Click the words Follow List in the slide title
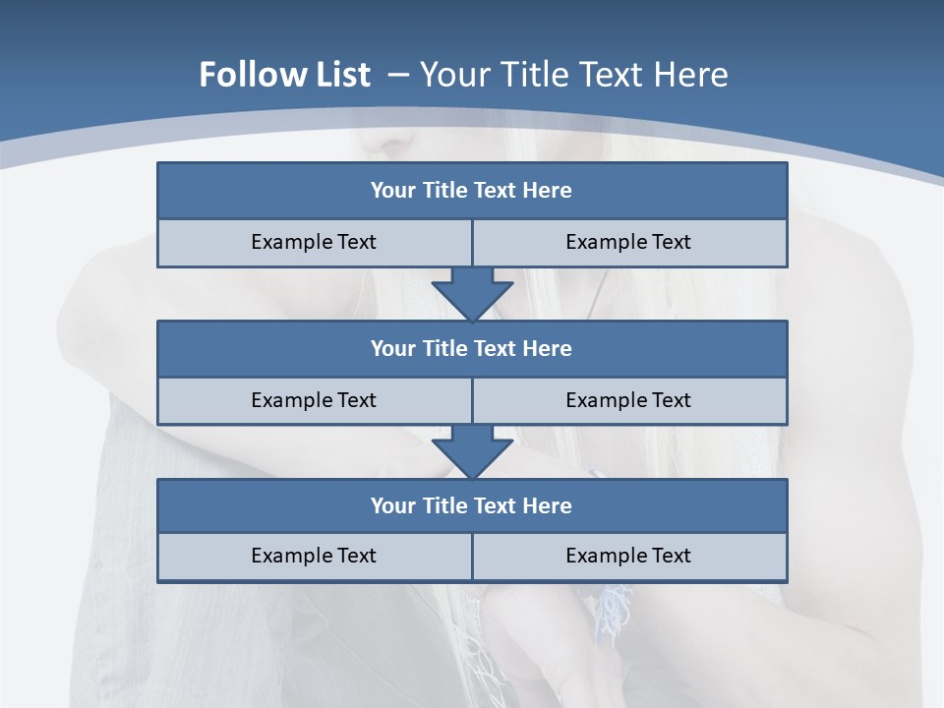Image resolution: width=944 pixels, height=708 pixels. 284,75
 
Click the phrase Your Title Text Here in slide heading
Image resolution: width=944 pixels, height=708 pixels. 573,75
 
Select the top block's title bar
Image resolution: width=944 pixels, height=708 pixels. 472,191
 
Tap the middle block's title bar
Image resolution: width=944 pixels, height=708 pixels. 472,349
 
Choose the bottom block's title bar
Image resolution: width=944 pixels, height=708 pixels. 472,506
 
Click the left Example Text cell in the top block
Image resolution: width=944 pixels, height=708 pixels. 314,242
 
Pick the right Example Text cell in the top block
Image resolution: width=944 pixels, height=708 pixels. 629,242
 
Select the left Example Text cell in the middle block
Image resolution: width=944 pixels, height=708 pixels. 314,400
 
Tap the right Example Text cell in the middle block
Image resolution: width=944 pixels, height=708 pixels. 629,400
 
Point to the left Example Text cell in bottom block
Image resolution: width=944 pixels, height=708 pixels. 314,556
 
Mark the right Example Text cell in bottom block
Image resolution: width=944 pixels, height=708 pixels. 629,556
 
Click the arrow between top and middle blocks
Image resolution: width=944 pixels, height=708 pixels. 472,293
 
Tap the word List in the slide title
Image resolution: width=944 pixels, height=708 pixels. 343,75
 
